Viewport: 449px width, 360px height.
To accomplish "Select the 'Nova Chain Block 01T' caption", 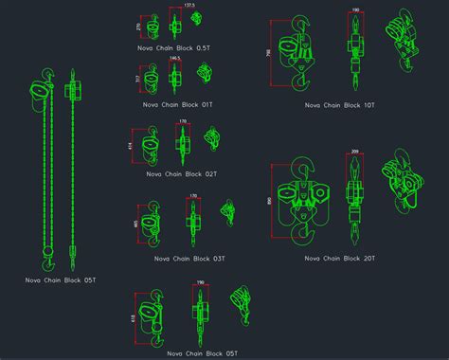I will click(175, 104).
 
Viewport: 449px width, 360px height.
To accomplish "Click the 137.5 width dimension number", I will click(189, 6).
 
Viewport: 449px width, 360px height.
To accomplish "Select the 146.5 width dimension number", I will click(175, 59).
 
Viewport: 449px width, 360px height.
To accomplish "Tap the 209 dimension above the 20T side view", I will click(354, 153).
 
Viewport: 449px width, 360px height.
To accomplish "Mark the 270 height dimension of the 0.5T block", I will click(138, 27).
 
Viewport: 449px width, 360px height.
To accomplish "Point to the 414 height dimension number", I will click(130, 146).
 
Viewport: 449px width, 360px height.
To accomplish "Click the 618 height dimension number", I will click(134, 319).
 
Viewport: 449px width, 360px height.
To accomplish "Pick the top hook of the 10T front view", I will click(300, 23).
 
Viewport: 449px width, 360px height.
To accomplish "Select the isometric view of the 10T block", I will click(404, 43).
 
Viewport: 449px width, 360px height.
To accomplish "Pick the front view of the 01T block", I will click(147, 80).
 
